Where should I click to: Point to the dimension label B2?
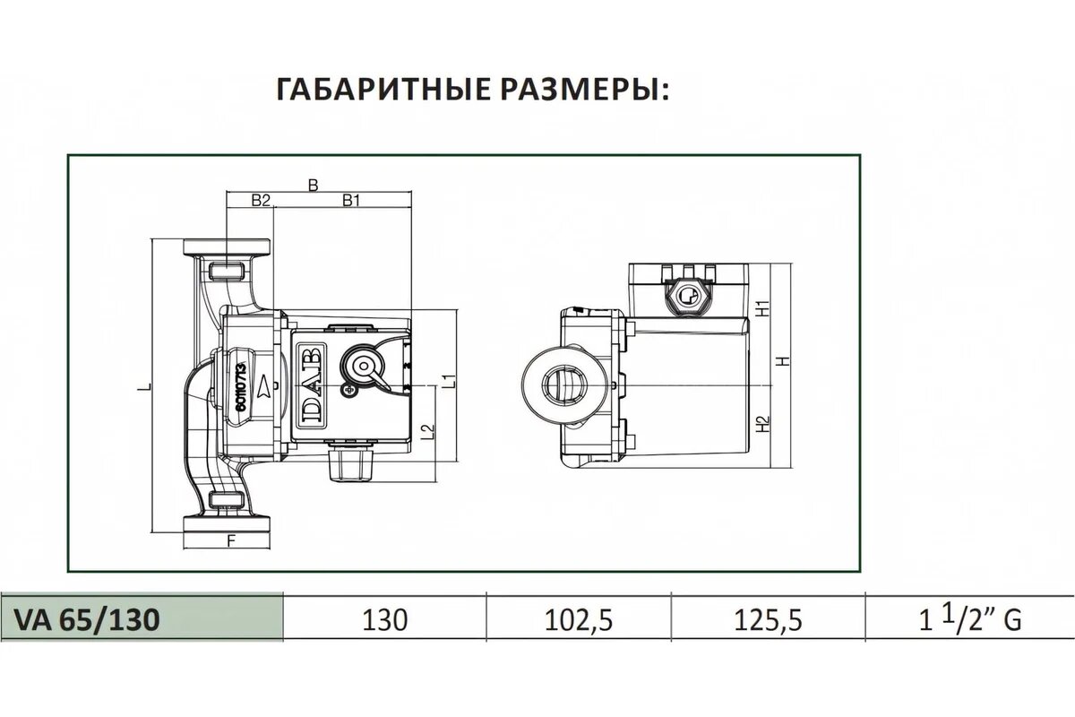(x=260, y=201)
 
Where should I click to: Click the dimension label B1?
(x=350, y=201)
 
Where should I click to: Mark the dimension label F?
(x=231, y=540)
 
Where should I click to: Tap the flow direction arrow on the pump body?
(x=265, y=388)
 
